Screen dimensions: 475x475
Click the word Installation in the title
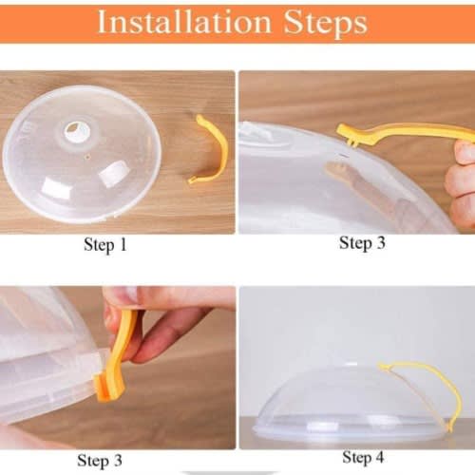[x=184, y=22]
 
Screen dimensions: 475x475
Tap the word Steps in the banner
[x=325, y=23]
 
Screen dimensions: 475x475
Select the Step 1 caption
[x=105, y=245]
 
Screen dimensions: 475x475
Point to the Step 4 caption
[x=363, y=458]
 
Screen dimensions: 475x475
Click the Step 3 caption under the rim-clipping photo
[x=100, y=461]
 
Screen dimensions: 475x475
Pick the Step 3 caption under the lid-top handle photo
[x=362, y=243]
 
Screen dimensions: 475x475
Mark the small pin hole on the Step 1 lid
[x=89, y=156]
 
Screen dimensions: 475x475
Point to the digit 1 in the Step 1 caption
[x=123, y=245]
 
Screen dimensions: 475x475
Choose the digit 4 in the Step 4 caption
[x=379, y=458]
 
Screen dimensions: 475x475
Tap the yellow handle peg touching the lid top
[x=352, y=142]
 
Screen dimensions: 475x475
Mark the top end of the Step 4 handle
[x=381, y=365]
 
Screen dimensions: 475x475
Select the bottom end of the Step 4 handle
[x=449, y=429]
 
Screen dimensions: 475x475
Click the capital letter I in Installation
[x=103, y=22]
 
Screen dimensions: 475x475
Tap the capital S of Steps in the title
[x=292, y=22]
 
